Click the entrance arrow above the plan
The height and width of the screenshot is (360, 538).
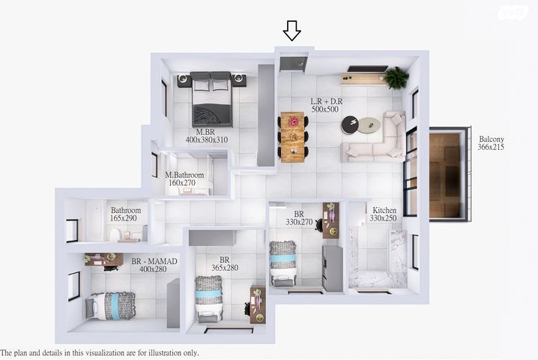pyautogui.click(x=292, y=31)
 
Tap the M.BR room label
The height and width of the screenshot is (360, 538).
pyautogui.click(x=205, y=132)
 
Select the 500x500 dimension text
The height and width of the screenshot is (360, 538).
pyautogui.click(x=325, y=109)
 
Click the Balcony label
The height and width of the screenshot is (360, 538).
pyautogui.click(x=492, y=139)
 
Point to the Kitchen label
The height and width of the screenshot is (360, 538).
pyautogui.click(x=384, y=210)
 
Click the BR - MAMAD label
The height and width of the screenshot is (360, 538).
pyautogui.click(x=154, y=261)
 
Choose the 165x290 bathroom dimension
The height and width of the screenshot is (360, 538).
pyautogui.click(x=124, y=218)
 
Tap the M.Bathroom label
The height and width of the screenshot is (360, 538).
pyautogui.click(x=184, y=175)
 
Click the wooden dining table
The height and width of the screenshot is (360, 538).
pyautogui.click(x=293, y=136)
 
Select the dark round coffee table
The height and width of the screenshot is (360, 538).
pyautogui.click(x=351, y=124)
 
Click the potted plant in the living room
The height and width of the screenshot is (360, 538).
pyautogui.click(x=396, y=78)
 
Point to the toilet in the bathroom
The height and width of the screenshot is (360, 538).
pyautogui.click(x=114, y=235)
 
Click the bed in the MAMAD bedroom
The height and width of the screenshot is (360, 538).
pyautogui.click(x=110, y=306)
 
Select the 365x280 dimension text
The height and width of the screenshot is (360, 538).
pyautogui.click(x=225, y=268)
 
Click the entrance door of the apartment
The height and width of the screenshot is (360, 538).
pyautogui.click(x=292, y=64)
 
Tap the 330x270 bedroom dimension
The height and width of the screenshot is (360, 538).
pyautogui.click(x=299, y=222)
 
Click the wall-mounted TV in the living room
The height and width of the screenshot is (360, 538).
pyautogui.click(x=368, y=69)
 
